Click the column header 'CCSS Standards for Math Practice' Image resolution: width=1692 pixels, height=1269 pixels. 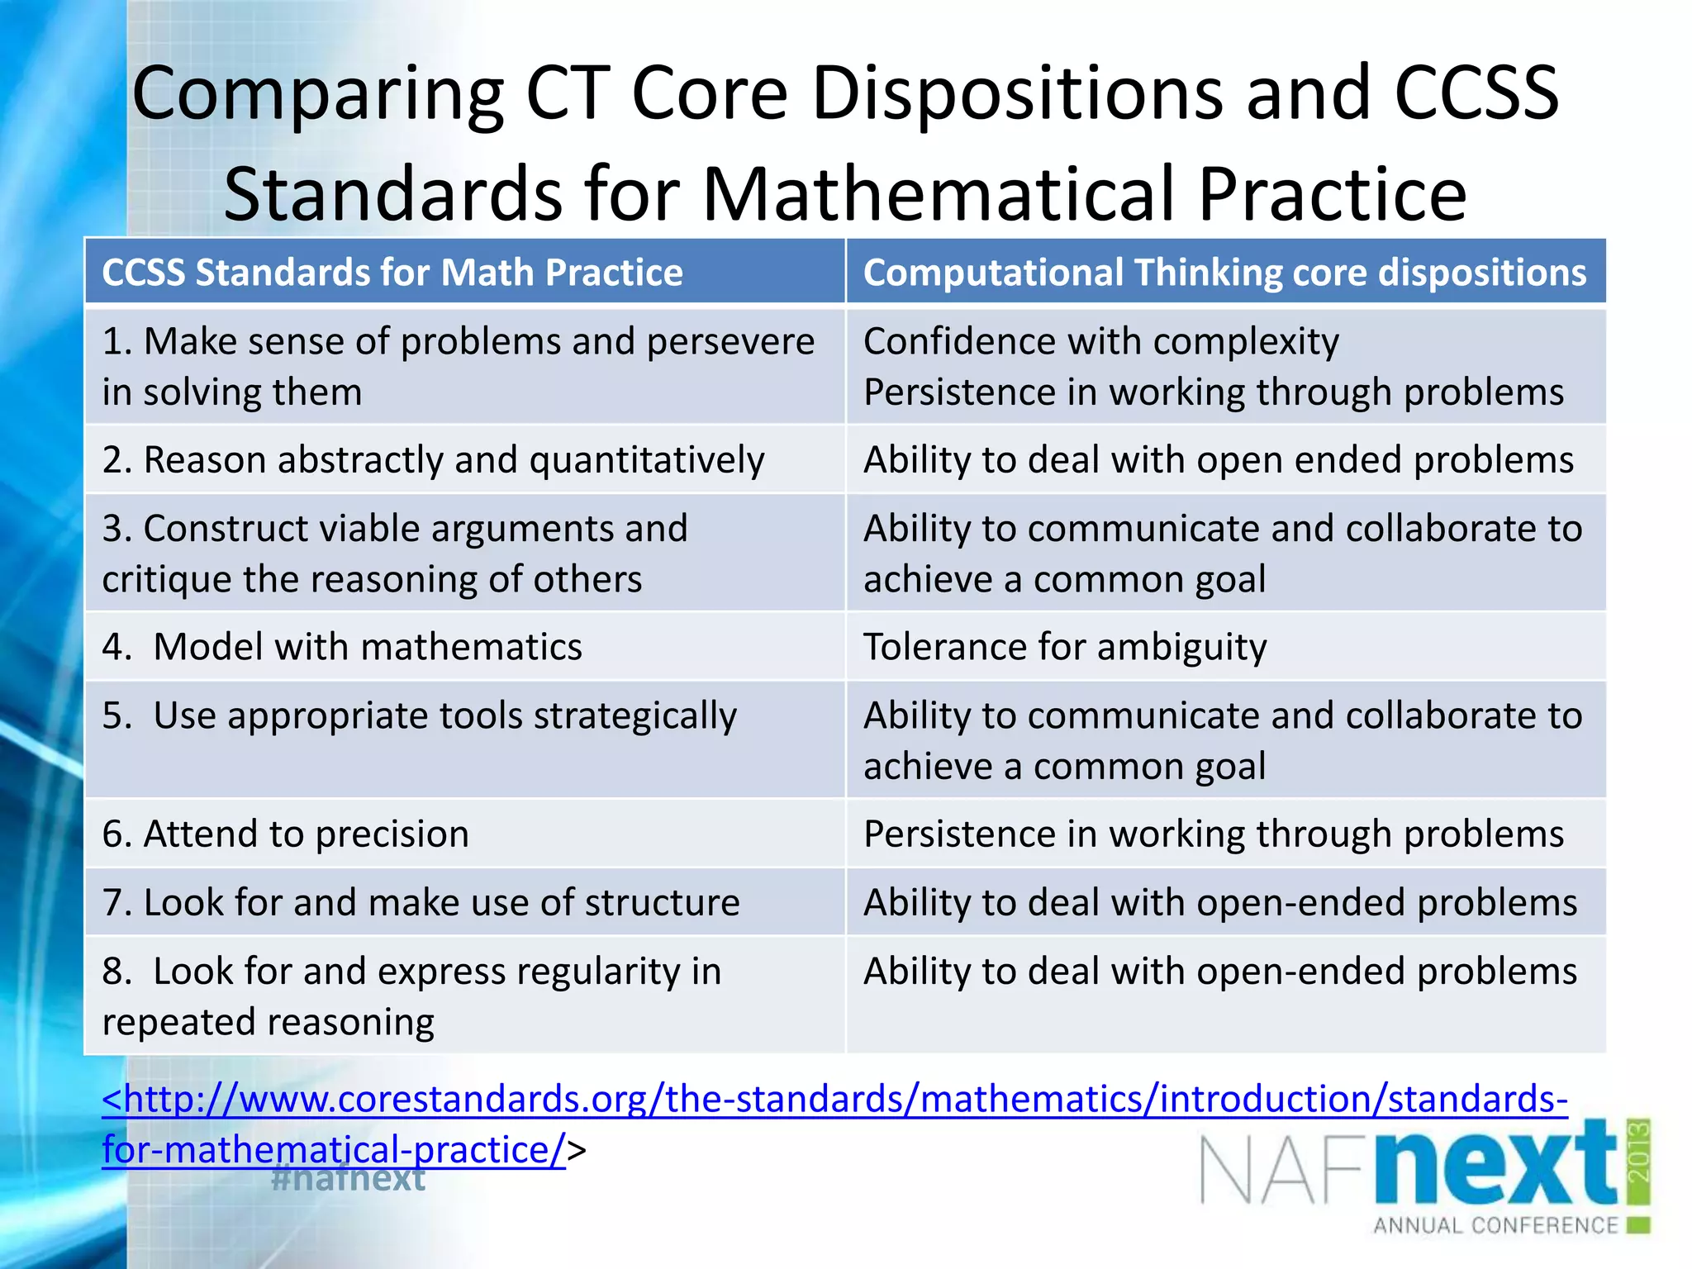coord(392,273)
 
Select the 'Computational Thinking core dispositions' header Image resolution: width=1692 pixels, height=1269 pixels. coord(1224,273)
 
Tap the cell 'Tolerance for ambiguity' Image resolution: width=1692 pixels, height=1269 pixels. coord(1064,647)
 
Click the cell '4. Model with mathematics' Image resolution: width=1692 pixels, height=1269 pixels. coord(342,647)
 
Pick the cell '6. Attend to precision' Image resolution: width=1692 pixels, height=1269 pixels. coord(285,834)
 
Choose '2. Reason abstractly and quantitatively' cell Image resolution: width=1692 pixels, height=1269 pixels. coord(433,460)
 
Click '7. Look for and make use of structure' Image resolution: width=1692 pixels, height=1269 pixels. coord(421,903)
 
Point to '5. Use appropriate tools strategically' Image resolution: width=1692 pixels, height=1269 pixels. coord(419,716)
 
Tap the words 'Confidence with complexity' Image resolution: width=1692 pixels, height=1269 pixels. coord(1100,342)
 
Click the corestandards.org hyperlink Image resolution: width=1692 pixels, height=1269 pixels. coord(834,1100)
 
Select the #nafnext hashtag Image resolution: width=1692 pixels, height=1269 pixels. coord(348,1178)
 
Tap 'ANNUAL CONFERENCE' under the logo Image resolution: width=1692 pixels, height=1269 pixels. coord(1495,1225)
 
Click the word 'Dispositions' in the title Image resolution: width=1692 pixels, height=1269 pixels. coord(1017,94)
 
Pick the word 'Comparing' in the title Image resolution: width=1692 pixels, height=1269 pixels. coord(318,94)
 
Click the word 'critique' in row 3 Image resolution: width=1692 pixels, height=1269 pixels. coord(165,580)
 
